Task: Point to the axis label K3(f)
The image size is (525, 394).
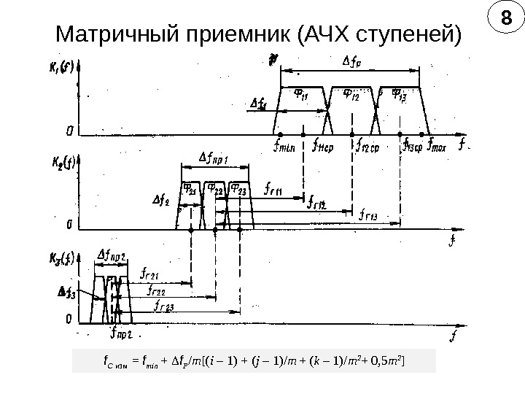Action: [x=61, y=255]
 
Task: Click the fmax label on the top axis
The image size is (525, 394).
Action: [x=437, y=145]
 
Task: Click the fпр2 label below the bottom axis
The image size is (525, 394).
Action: [x=120, y=336]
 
